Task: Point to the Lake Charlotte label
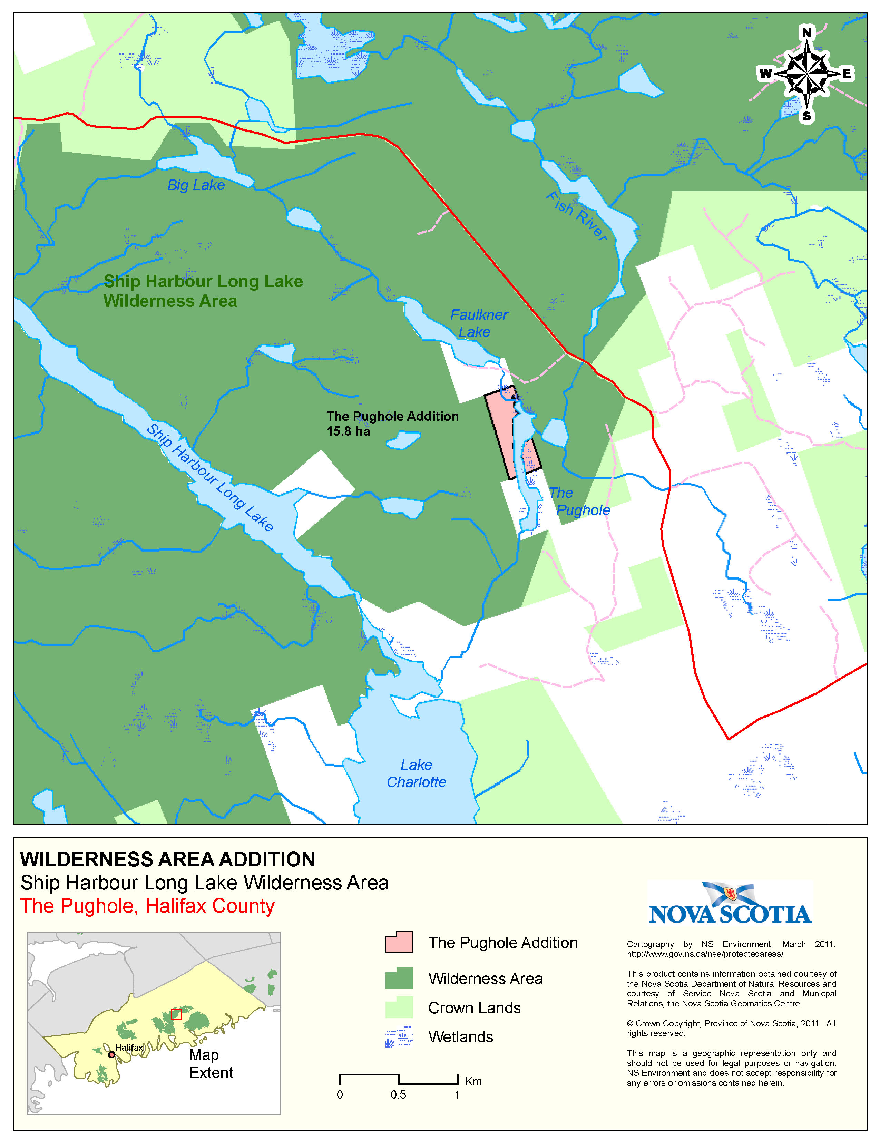(x=416, y=773)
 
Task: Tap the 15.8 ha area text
(x=348, y=431)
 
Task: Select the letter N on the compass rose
(x=806, y=32)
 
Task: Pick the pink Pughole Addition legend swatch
(x=399, y=942)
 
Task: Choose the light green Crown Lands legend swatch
(x=399, y=1007)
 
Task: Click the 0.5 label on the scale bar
(x=398, y=1095)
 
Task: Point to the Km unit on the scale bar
(x=473, y=1081)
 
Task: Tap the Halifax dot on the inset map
(x=111, y=1054)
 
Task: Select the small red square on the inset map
(x=176, y=1014)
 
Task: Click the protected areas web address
(x=705, y=954)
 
